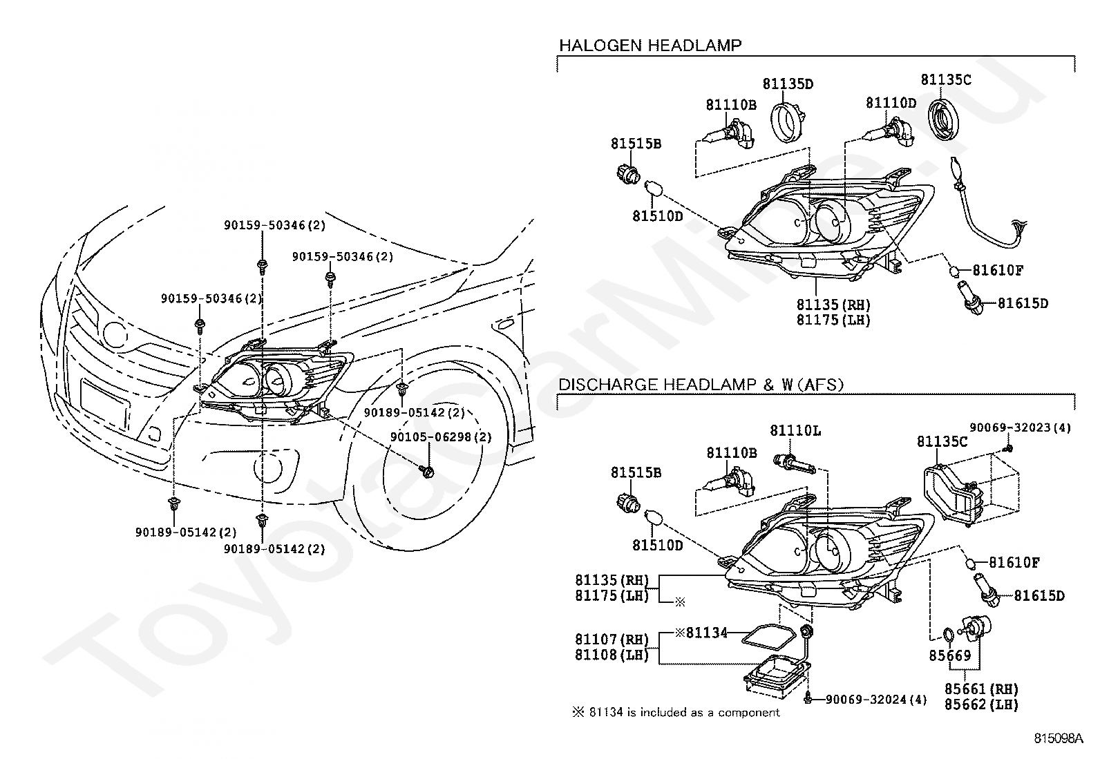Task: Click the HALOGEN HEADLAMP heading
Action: point(650,46)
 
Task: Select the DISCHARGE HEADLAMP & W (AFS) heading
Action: point(701,385)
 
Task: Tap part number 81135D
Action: point(788,84)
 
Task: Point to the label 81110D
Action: point(891,103)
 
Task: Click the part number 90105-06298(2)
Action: point(441,437)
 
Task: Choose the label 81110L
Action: point(795,430)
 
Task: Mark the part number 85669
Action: point(950,655)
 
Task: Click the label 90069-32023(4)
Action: point(1020,427)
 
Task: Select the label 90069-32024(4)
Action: point(875,700)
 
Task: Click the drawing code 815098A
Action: point(1059,738)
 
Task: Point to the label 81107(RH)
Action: point(612,640)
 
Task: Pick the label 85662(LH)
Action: point(981,704)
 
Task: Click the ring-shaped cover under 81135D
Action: point(787,122)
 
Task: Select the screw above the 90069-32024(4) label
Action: point(808,698)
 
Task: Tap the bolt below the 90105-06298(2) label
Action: point(426,472)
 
